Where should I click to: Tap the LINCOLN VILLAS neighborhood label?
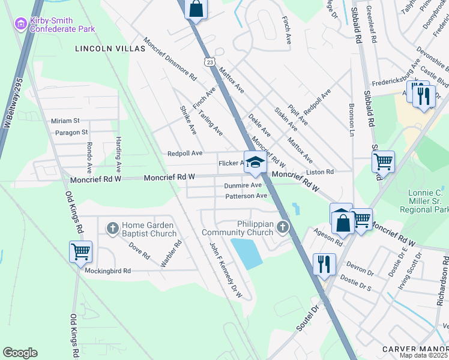click(110, 49)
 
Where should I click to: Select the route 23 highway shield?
click(209, 62)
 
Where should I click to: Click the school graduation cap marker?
click(255, 163)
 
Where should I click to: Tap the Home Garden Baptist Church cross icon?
click(112, 227)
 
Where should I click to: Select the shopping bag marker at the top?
click(196, 10)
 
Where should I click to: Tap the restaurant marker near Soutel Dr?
click(324, 263)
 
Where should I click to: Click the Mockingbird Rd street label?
click(107, 271)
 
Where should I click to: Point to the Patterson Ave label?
click(246, 196)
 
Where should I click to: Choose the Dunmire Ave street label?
click(243, 186)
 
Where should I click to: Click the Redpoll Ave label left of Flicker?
click(184, 154)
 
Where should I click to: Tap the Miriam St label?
click(65, 121)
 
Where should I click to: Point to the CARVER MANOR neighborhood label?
click(415, 349)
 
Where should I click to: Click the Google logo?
click(20, 353)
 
